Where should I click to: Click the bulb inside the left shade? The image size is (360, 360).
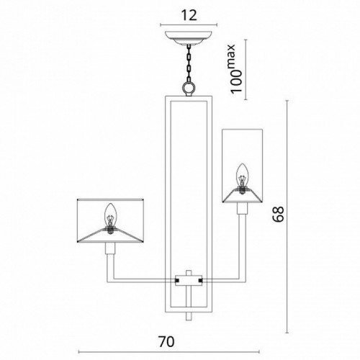(111, 215)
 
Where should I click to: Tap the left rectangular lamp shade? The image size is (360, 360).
(111, 220)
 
